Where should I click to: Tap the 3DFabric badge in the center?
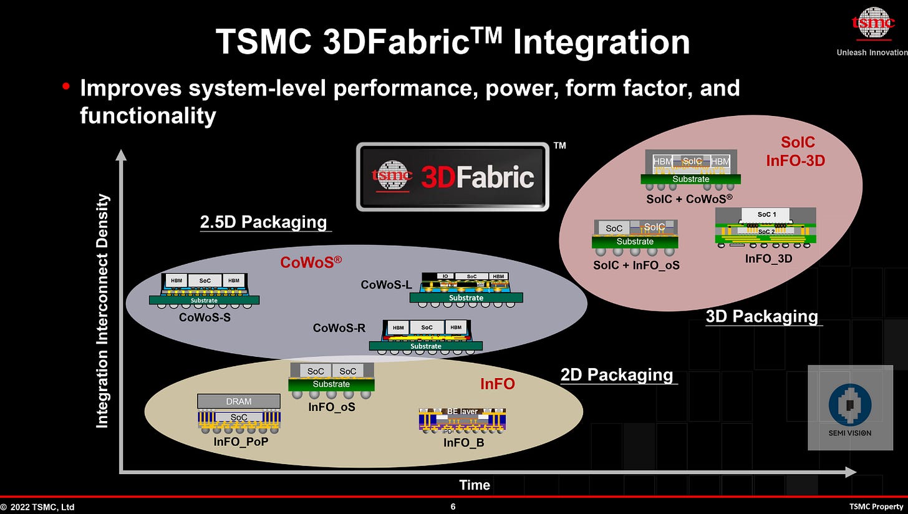tap(453, 177)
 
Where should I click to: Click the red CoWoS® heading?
tap(311, 262)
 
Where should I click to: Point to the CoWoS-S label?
tap(204, 317)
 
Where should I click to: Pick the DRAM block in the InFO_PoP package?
tap(238, 402)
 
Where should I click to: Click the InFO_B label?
tap(463, 442)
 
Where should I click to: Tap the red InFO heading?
tap(497, 384)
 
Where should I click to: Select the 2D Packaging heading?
tap(617, 375)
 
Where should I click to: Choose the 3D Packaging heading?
tap(761, 316)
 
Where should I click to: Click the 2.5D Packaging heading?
tap(263, 222)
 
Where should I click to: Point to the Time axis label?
tap(475, 485)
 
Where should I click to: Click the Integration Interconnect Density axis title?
tap(103, 311)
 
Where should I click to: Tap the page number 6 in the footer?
tap(453, 507)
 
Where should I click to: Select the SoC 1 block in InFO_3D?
tap(766, 215)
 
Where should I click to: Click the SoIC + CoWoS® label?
tap(689, 199)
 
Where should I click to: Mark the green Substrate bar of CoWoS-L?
tap(466, 298)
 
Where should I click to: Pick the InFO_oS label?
tap(331, 407)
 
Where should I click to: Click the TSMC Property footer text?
tap(876, 507)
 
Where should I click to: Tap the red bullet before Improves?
tap(66, 87)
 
